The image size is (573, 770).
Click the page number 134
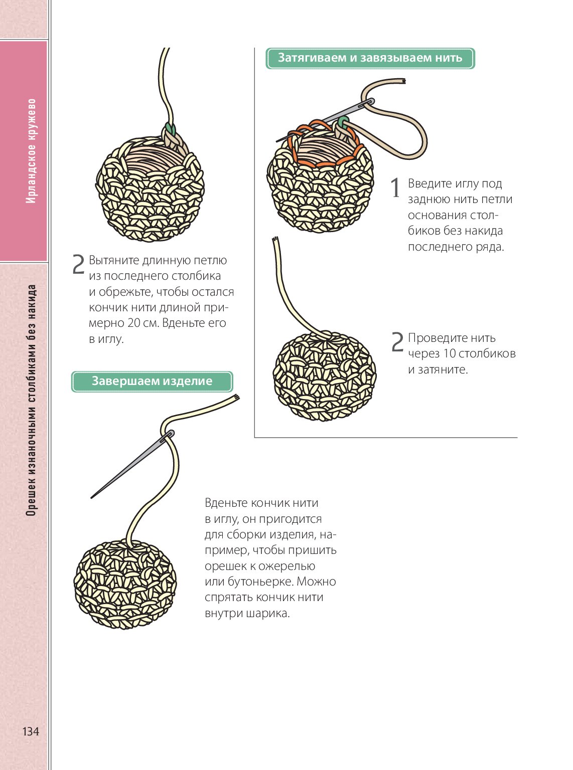31,731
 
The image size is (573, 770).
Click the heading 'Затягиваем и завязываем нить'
370,58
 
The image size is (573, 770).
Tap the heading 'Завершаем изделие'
152,381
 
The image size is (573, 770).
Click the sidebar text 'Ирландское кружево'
31,151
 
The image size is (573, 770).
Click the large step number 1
396,188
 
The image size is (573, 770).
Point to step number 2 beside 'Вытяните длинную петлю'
78,265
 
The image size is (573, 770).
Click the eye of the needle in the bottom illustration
169,434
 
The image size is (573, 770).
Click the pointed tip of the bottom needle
92,497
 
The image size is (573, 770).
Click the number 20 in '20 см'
134,323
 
